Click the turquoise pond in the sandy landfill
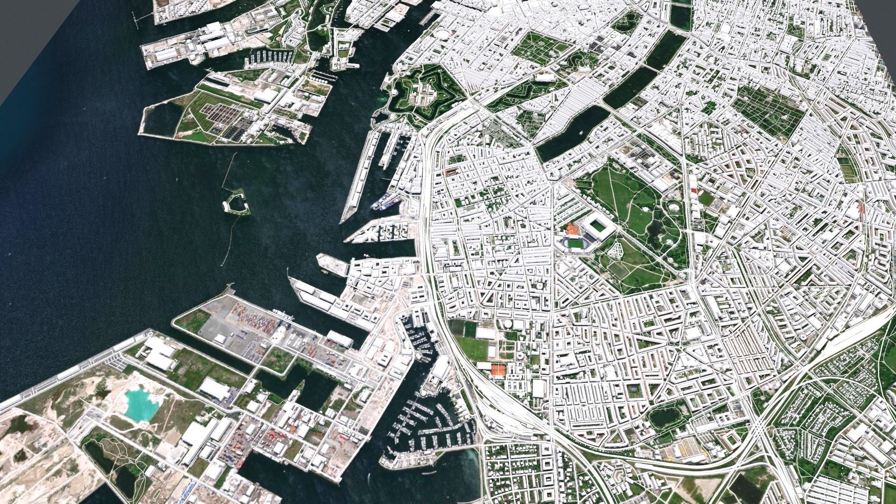[x=140, y=403]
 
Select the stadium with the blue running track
[x=574, y=244]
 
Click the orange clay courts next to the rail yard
[x=498, y=369]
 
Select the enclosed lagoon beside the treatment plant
[x=161, y=119]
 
